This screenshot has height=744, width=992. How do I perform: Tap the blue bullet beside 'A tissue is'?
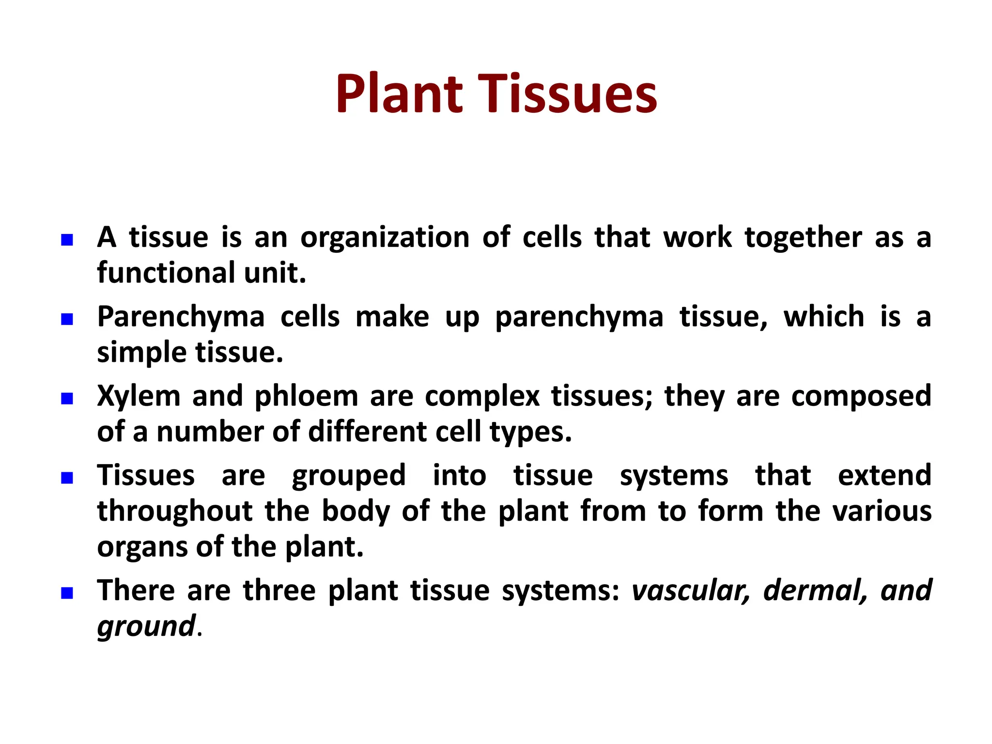[x=67, y=240]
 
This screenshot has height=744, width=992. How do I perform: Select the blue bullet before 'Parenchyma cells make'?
[x=67, y=319]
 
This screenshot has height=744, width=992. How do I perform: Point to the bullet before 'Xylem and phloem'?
[x=67, y=399]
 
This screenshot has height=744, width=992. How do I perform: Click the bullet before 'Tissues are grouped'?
[x=67, y=478]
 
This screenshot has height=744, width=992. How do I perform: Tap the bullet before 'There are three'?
[x=67, y=593]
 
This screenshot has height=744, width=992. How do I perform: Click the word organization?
[x=385, y=238]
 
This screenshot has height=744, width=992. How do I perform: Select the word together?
[x=803, y=238]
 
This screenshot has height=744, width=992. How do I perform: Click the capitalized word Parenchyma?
[x=181, y=318]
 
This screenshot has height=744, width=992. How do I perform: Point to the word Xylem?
[x=139, y=397]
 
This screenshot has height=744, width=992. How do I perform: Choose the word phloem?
[x=306, y=397]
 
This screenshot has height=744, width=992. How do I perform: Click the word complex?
[x=482, y=397]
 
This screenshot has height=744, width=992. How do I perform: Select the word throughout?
[x=175, y=511]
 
